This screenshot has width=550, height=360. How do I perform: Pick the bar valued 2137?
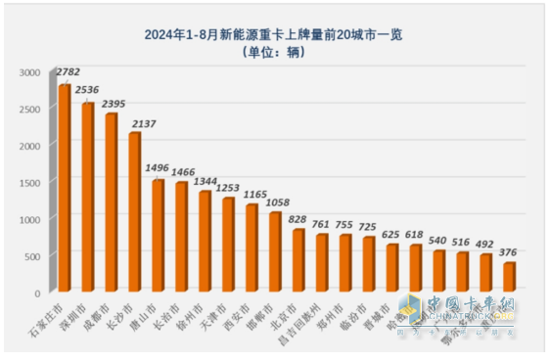point(135,212)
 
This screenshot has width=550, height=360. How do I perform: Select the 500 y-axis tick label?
point(34,256)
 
